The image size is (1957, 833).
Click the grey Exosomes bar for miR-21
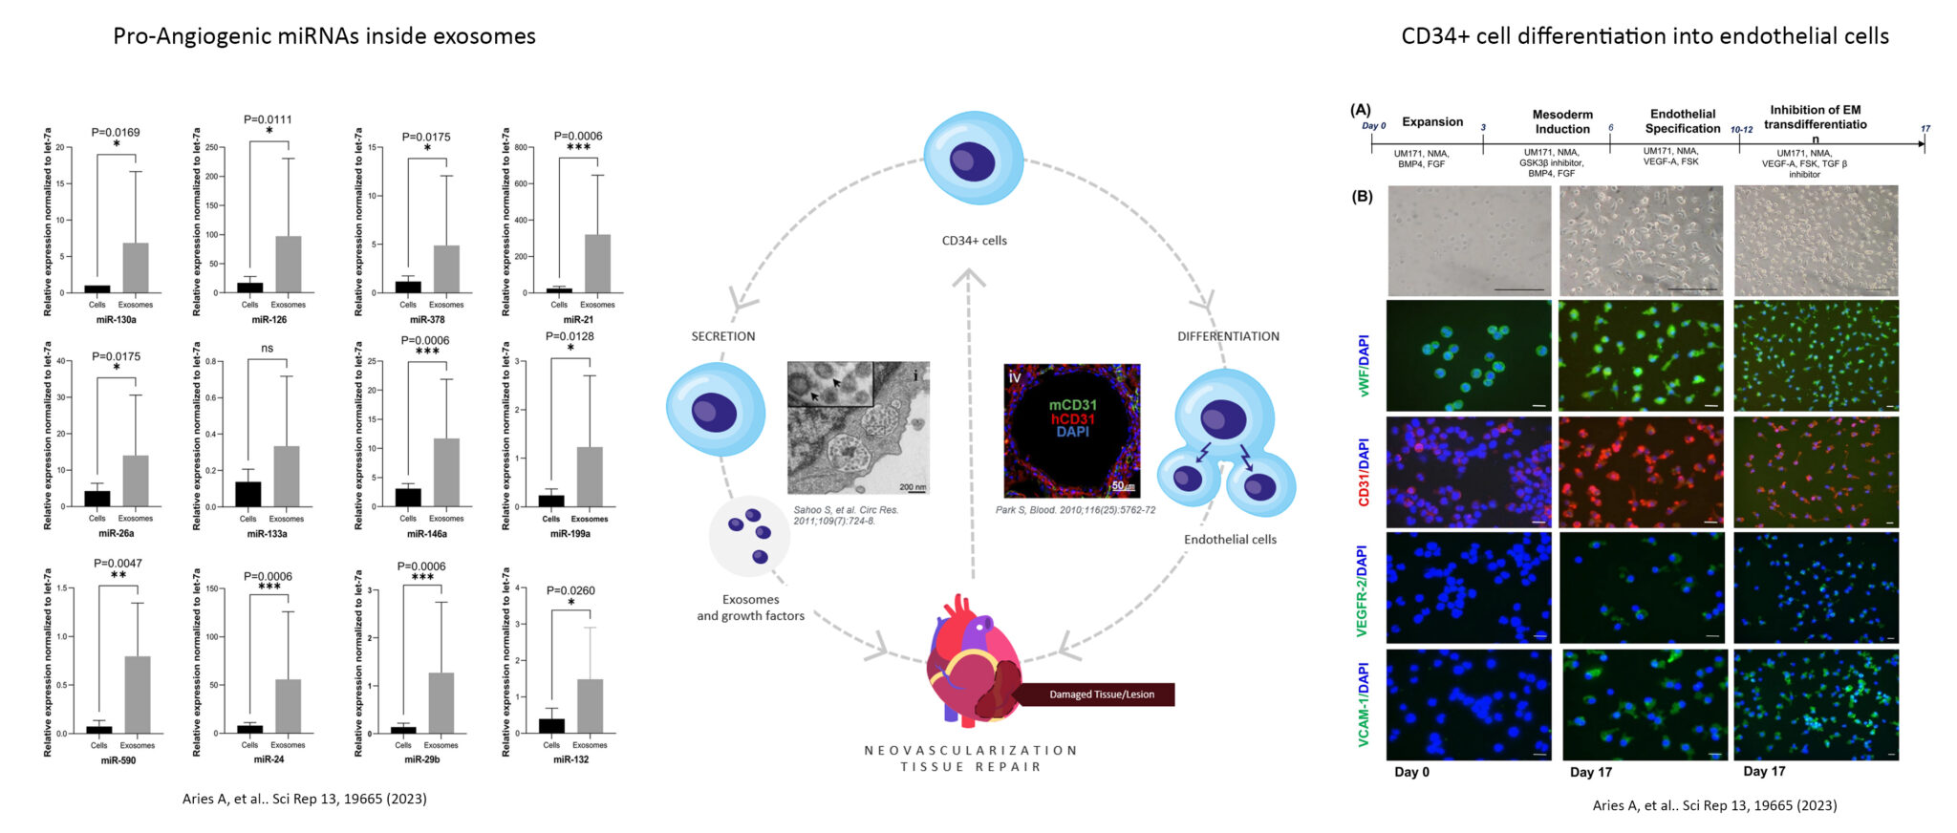pyautogui.click(x=597, y=264)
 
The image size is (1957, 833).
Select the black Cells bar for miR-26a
pyautogui.click(x=97, y=499)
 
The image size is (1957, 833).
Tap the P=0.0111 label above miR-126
pyautogui.click(x=268, y=119)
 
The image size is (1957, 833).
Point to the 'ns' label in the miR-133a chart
pyautogui.click(x=267, y=349)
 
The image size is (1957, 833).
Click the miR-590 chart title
pyautogui.click(x=118, y=760)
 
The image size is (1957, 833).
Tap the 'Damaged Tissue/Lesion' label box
pyautogui.click(x=1101, y=694)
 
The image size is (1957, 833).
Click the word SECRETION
pyautogui.click(x=723, y=336)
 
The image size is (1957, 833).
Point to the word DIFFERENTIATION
pyautogui.click(x=1228, y=336)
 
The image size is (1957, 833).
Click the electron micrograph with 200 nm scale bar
pyautogui.click(x=857, y=428)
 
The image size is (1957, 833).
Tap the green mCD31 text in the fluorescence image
pyautogui.click(x=1073, y=405)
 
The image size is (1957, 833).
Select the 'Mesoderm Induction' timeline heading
pyautogui.click(x=1562, y=121)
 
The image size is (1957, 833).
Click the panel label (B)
pyautogui.click(x=1362, y=196)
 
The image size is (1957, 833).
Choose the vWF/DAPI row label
pyautogui.click(x=1364, y=365)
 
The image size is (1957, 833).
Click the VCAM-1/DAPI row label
pyautogui.click(x=1364, y=704)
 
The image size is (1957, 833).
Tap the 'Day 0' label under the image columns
pyautogui.click(x=1411, y=772)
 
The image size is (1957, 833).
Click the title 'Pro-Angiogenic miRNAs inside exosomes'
pyautogui.click(x=324, y=36)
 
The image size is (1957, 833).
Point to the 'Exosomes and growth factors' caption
pyautogui.click(x=750, y=608)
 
